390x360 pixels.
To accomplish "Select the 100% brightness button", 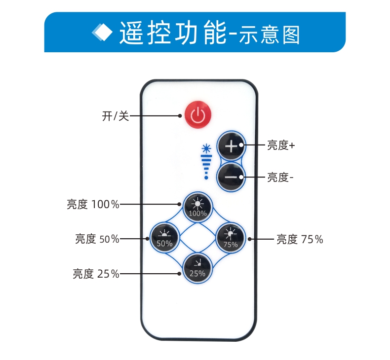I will tap(197, 207).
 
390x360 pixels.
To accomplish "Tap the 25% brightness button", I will tap(197, 268).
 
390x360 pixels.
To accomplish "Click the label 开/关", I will tap(115, 116).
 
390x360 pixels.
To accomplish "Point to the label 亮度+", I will tap(281, 145).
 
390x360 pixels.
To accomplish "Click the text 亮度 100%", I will tap(93, 204).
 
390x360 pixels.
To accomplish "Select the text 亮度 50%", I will tap(97, 239).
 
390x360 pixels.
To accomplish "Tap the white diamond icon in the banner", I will tap(103, 33).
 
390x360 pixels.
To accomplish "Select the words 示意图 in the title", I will tap(270, 35).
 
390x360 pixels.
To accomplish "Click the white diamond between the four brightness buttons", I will tap(197, 238).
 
